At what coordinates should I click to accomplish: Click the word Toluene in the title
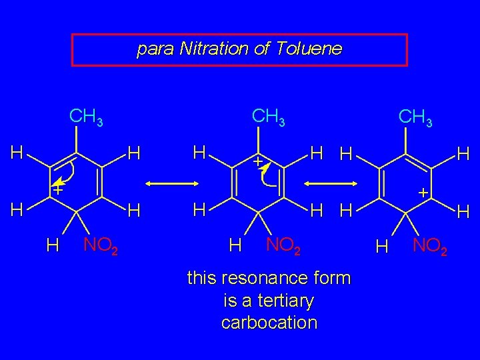pos(313,49)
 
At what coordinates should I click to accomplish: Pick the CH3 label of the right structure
pos(415,119)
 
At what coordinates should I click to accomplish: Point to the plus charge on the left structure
pos(58,190)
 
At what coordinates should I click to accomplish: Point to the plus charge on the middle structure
pos(256,162)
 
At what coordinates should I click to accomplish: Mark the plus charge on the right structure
pos(422,192)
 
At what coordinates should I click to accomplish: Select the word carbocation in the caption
pos(269,323)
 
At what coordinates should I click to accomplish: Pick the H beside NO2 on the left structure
pos(52,246)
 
